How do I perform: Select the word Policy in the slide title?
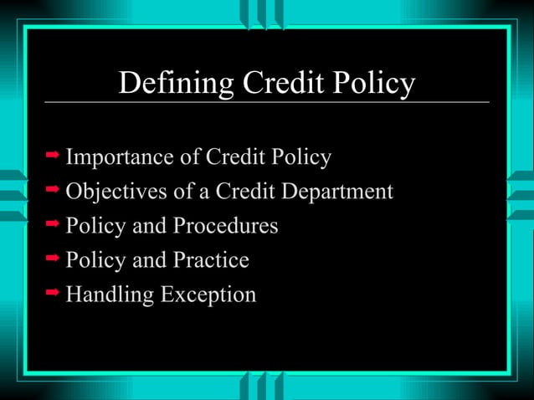pyautogui.click(x=372, y=85)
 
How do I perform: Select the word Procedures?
pyautogui.click(x=225, y=226)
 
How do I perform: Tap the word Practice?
pyautogui.click(x=211, y=260)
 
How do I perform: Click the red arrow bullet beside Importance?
pyautogui.click(x=52, y=156)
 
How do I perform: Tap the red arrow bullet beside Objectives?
pyautogui.click(x=52, y=190)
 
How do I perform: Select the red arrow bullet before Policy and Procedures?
pyautogui.click(x=52, y=224)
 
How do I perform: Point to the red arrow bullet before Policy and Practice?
pyautogui.click(x=52, y=259)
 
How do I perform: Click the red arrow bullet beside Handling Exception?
pyautogui.click(x=52, y=293)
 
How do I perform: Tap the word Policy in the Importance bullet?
pyautogui.click(x=303, y=157)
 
